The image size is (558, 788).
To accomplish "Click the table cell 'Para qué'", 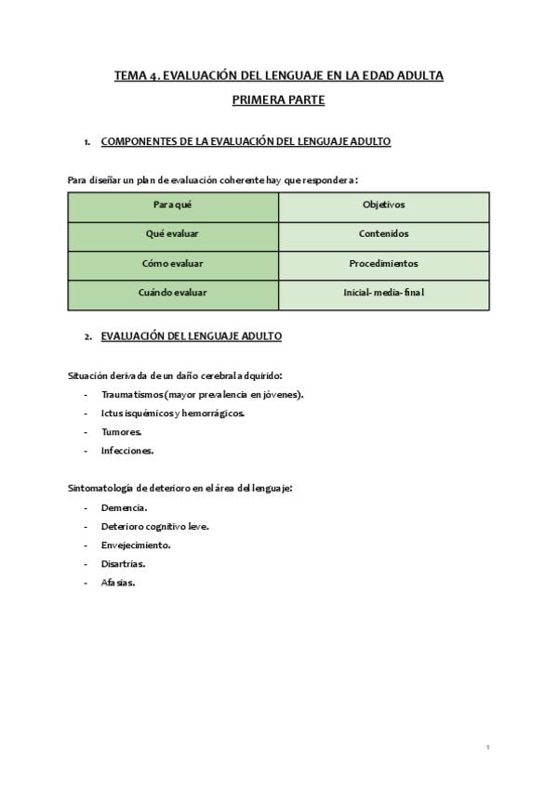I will (173, 205).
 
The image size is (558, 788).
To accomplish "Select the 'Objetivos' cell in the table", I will (383, 205).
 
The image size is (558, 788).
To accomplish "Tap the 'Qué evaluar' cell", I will (173, 234).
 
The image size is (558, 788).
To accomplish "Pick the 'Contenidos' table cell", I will (383, 234).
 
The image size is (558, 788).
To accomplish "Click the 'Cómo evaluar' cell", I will (173, 264).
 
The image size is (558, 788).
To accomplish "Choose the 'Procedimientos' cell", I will (383, 264).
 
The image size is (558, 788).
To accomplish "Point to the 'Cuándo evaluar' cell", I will (173, 293).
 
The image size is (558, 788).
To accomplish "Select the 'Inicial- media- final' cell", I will (383, 293).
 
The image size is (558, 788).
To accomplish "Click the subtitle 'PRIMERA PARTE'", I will (278, 98).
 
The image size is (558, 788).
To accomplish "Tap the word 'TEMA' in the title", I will (129, 75).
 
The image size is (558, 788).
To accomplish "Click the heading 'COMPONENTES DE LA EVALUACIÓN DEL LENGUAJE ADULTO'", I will (246, 142).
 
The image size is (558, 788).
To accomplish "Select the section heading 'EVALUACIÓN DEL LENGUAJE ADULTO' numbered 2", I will (191, 336).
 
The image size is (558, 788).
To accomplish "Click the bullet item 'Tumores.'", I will (121, 432).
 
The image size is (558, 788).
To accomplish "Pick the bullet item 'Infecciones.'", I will (127, 451).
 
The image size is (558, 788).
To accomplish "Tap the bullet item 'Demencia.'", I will (124, 507).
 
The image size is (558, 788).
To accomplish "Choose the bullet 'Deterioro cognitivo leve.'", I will (154, 526).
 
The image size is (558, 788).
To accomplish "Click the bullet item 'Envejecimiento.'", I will (136, 545).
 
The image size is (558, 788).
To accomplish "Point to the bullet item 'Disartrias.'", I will (123, 563).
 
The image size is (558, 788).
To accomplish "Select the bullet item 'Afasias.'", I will (118, 583).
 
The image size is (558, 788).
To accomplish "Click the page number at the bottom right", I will (487, 747).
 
